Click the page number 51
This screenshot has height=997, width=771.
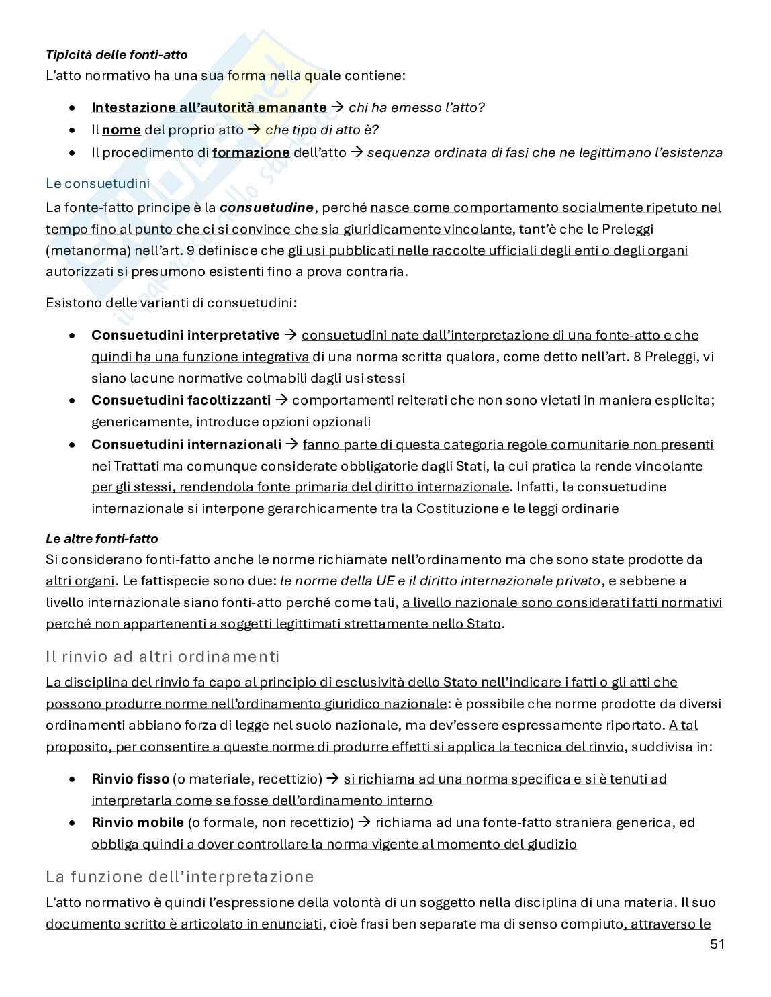717,945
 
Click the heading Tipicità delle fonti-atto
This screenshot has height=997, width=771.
116,54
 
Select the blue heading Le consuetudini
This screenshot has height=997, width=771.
97,183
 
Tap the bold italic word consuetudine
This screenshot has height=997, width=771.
267,207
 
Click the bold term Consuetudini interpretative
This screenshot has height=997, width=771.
185,335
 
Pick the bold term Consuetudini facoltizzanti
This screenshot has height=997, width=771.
181,401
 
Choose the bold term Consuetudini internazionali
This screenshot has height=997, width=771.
186,444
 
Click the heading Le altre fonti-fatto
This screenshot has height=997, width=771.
102,538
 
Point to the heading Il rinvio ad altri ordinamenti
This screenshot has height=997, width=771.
163,656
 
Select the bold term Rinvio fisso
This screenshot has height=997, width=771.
130,779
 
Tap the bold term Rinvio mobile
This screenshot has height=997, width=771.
138,822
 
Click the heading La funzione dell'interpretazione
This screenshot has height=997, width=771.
179,877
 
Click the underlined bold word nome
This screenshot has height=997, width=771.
122,130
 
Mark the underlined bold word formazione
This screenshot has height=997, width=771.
251,152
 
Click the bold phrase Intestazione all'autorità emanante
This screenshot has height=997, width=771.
209,107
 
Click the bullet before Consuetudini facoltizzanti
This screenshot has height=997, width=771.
73,401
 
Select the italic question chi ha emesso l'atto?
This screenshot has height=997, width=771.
416,107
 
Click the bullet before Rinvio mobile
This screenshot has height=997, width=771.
73,822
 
